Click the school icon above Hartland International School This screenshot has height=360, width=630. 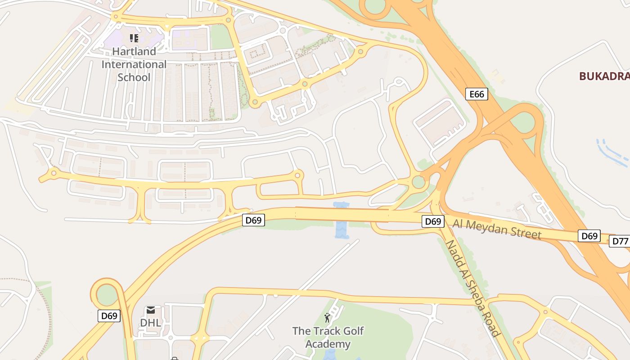[134, 38]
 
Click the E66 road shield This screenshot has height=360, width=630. [477, 94]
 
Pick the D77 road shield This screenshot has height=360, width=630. [620, 241]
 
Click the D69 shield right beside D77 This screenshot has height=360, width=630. [589, 236]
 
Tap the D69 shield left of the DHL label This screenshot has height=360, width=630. [109, 316]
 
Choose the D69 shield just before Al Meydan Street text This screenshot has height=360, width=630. [433, 221]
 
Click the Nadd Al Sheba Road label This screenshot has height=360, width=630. [473, 288]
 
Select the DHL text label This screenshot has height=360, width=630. [150, 323]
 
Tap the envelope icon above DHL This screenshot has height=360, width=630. [151, 310]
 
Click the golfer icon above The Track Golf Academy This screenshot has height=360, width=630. [327, 318]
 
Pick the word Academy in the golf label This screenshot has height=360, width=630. [328, 345]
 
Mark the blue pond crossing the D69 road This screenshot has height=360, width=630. [342, 220]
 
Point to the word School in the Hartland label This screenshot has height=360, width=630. [134, 77]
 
